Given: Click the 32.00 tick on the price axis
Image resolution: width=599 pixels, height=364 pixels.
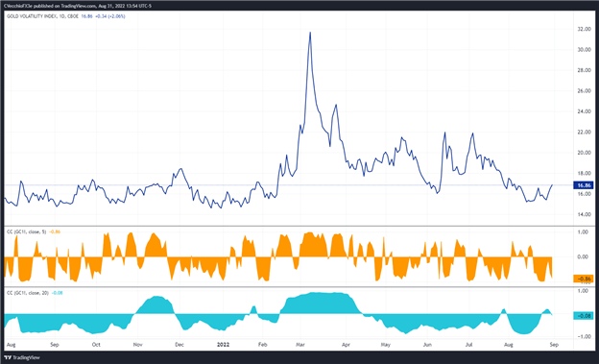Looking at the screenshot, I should [x=582, y=29].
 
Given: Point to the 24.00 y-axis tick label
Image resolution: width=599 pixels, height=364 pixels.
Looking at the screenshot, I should [x=582, y=111].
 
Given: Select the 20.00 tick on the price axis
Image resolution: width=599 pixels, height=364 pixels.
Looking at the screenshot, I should [x=582, y=153].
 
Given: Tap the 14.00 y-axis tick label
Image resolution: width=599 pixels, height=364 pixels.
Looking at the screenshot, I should [x=582, y=214].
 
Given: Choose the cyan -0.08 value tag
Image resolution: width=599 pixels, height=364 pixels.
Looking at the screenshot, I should [x=583, y=315].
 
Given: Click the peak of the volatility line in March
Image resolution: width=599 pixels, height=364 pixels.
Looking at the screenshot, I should [x=309, y=33].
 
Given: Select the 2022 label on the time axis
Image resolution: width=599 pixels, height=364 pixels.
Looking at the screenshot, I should [x=222, y=343].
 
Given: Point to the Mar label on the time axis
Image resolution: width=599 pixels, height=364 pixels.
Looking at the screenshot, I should [x=300, y=343].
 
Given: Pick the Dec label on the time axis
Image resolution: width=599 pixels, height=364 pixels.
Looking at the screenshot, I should [x=180, y=343].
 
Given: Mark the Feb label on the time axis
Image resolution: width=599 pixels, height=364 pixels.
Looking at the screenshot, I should [x=262, y=343].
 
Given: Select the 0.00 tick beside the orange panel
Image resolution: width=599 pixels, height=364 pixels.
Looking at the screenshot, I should [x=582, y=256].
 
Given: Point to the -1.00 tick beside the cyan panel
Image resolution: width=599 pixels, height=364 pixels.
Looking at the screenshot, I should [x=582, y=336].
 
